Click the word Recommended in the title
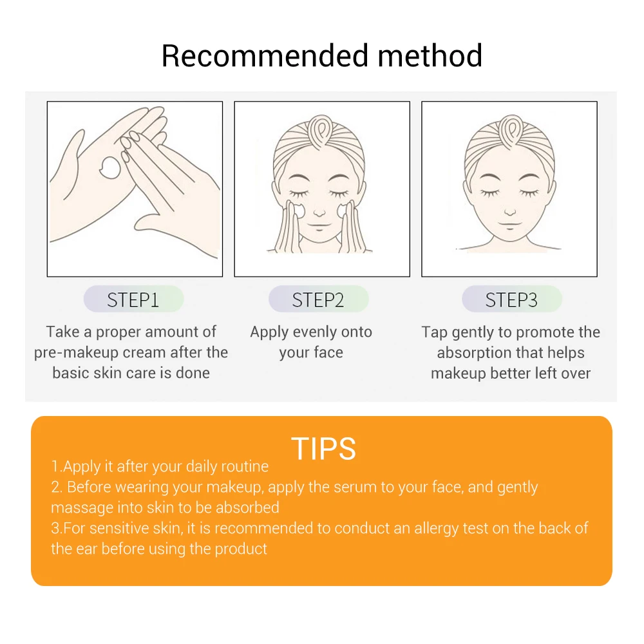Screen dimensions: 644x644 point(265,56)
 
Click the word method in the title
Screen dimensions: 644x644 point(430,56)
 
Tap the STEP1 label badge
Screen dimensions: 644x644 point(133,299)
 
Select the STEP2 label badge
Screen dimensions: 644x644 point(318,299)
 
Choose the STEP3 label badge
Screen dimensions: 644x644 point(512,299)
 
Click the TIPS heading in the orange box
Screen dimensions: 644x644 point(323,448)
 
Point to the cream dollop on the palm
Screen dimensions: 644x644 point(111,167)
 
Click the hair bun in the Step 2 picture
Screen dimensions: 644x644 point(321,130)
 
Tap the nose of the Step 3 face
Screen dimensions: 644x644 point(509,211)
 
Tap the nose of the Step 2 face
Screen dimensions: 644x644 point(319,212)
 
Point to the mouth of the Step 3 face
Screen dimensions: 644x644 point(509,225)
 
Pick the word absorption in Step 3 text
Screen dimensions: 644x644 point(473,353)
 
